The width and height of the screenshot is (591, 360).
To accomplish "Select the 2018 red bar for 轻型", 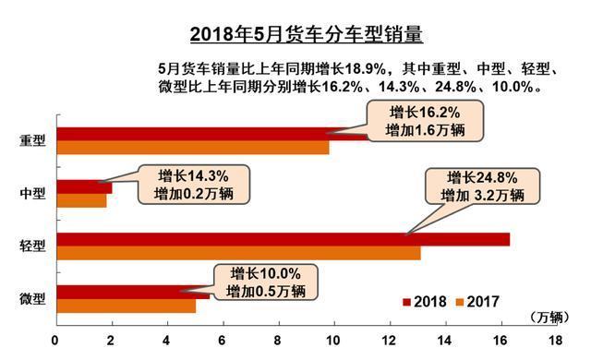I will coord(283,240).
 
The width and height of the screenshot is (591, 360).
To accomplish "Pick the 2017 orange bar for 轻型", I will coord(238,253).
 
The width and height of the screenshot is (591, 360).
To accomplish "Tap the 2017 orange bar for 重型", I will coord(192,147).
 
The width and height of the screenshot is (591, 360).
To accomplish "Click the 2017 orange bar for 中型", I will coord(81,200).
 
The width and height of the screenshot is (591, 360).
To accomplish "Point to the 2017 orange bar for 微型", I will coord(126,306).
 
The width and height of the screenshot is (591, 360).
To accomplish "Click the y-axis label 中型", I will coord(32,194).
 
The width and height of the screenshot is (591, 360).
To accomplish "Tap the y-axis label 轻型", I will coord(32,246).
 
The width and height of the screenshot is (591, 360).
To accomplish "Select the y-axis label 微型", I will coord(32,299).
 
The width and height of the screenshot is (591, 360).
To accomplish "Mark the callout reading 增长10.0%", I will coord(265,282).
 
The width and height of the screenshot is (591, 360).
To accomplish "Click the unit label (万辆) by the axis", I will coord(551,317).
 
